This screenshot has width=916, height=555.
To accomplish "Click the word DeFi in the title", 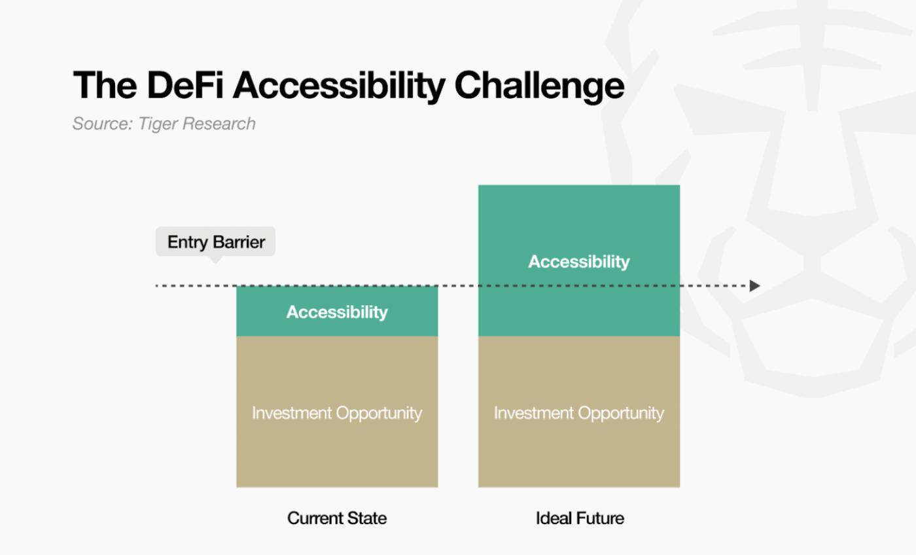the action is tap(185, 85).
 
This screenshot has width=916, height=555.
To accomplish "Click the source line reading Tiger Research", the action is tap(164, 124).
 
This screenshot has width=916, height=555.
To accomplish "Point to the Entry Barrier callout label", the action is tap(215, 242).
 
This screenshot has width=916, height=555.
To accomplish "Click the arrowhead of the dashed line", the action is tap(754, 285).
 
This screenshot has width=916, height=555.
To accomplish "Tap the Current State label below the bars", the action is tap(337, 518).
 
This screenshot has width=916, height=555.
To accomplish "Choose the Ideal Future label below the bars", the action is tap(580, 518).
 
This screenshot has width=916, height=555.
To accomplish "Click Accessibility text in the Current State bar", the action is tap(337, 312).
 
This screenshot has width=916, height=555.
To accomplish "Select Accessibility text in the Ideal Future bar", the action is tap(579, 262).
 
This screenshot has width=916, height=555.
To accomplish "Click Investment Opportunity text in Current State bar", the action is tap(337, 413).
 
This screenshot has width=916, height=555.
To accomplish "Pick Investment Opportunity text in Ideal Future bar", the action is tap(579, 413).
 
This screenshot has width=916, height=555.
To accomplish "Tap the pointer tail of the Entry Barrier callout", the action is tap(215, 260).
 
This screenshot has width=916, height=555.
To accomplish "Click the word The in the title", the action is tap(105, 85).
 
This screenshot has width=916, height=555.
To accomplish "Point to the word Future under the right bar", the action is tap(601, 518).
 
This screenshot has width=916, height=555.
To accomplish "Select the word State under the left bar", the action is tap(367, 518).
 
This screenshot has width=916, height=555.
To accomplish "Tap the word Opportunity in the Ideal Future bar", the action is tap(621, 414).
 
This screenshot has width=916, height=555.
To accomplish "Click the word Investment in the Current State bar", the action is tap(292, 413).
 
